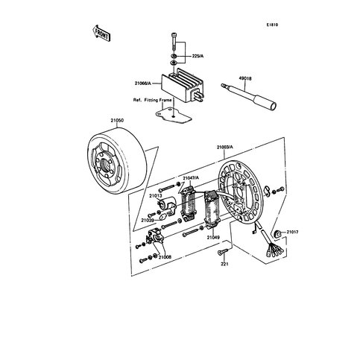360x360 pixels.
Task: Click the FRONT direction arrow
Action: point(101,33)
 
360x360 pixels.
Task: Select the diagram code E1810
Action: point(272,25)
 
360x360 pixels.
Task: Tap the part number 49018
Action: point(245,78)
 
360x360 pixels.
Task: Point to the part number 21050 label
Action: point(117,121)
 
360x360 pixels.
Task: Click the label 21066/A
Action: point(143,83)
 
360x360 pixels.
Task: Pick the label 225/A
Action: point(198,56)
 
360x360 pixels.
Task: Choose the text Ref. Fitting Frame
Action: point(152,100)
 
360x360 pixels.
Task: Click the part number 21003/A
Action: point(225,147)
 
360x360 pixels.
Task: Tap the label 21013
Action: point(156,196)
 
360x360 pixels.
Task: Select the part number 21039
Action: point(148,220)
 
